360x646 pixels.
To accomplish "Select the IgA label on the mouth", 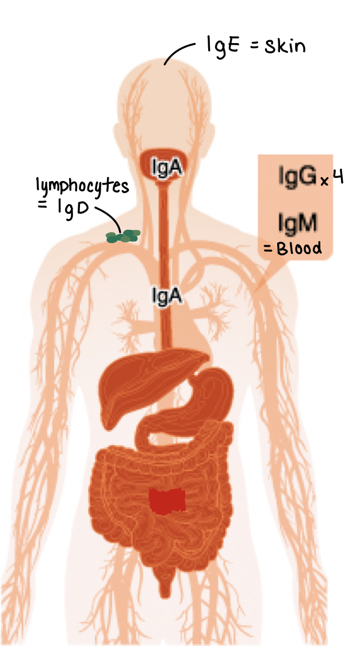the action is click(167, 167).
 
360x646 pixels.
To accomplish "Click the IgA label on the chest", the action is click(167, 295).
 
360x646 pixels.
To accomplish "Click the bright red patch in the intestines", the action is click(167, 501).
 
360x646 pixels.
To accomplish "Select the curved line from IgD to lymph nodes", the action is click(109, 216).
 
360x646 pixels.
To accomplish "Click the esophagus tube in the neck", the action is click(167, 230).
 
